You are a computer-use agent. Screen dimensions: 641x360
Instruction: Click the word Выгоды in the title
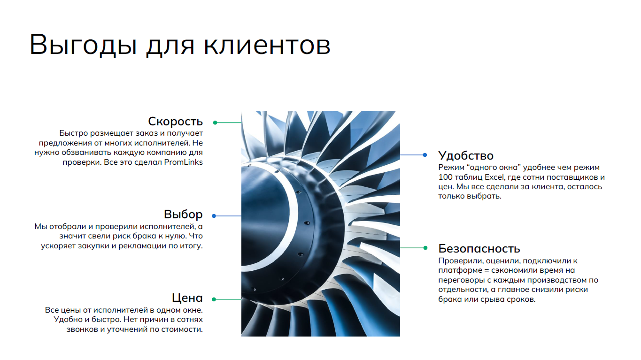tap(83, 45)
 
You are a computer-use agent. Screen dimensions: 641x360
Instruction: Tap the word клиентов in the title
tap(267, 45)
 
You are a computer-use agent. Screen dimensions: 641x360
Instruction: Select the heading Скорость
tap(176, 122)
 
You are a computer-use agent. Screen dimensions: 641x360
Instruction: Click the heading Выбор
tap(183, 214)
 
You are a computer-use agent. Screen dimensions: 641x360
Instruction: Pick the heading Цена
tap(187, 298)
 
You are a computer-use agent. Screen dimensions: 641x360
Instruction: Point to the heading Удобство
tap(466, 155)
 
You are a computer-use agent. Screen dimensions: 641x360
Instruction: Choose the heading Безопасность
tap(479, 248)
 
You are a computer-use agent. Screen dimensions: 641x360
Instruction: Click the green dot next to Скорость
tap(215, 123)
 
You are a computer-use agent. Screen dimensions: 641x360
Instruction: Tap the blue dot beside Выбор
tap(214, 216)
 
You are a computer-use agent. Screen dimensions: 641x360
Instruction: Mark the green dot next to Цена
tap(214, 299)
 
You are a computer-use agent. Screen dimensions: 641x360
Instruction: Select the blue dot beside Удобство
tap(425, 155)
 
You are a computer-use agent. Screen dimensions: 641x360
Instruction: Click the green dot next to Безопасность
tap(425, 248)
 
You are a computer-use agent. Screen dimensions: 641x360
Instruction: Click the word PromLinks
tap(184, 162)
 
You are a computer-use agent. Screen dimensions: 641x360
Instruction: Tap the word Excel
tap(494, 177)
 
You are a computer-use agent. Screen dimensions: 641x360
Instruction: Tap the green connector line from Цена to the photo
tap(229, 299)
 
